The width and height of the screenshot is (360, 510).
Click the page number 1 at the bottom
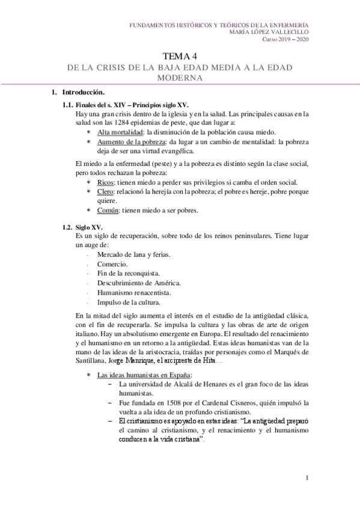[307, 479]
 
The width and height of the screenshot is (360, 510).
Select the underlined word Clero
[106, 192]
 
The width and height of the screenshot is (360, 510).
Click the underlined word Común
[108, 210]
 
